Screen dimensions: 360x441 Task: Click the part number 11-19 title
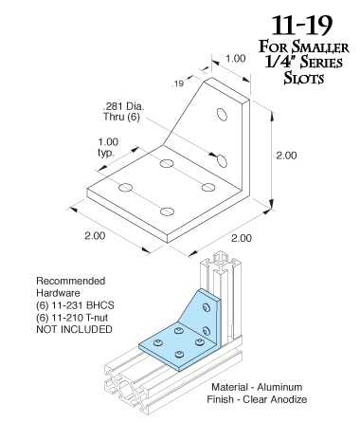point(302,26)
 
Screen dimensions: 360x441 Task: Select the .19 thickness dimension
point(177,83)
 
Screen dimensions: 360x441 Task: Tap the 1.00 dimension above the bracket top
point(236,59)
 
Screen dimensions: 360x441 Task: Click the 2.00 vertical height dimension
point(286,156)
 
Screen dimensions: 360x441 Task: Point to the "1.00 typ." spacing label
point(108,147)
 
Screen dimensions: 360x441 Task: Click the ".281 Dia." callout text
point(123,106)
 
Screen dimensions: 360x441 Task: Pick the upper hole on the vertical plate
point(222,115)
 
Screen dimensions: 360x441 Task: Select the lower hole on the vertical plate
point(222,160)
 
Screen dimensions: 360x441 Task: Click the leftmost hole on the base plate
point(126,188)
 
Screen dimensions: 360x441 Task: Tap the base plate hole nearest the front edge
point(167,211)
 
